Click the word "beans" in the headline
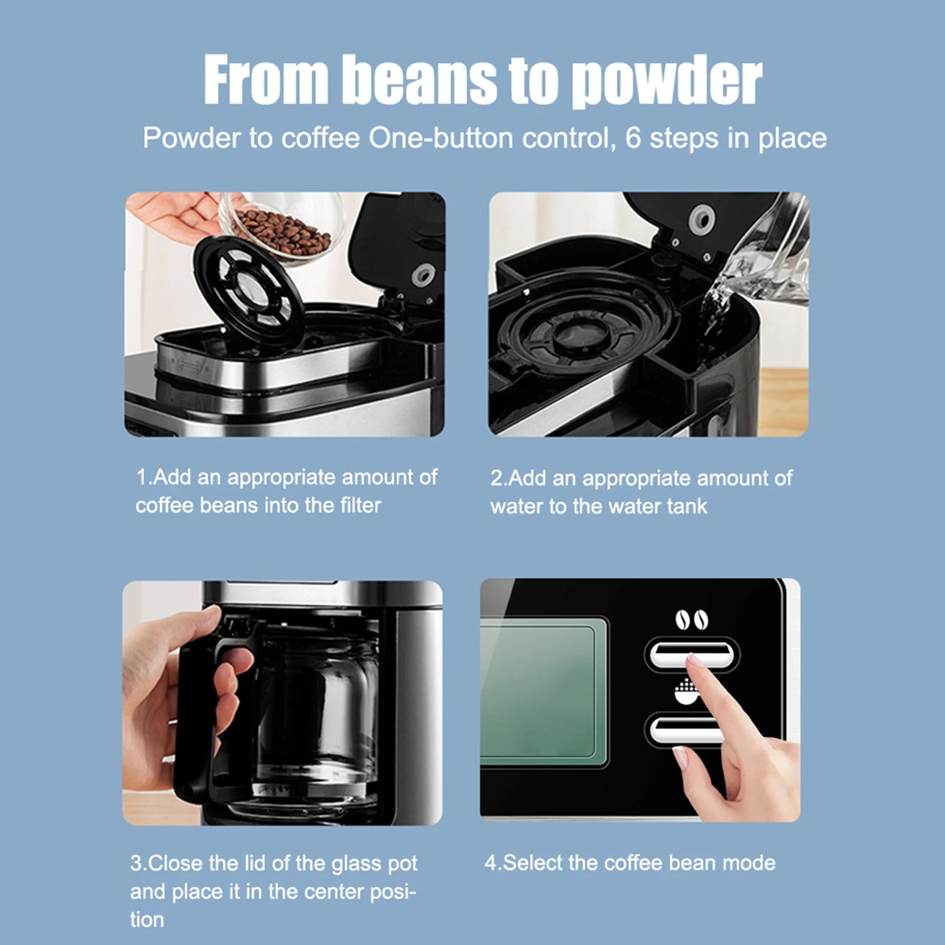[x=420, y=80]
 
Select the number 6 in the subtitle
[x=633, y=138]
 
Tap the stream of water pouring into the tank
[x=717, y=295]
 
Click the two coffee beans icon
[x=692, y=620]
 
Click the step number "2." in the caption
[x=499, y=478]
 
